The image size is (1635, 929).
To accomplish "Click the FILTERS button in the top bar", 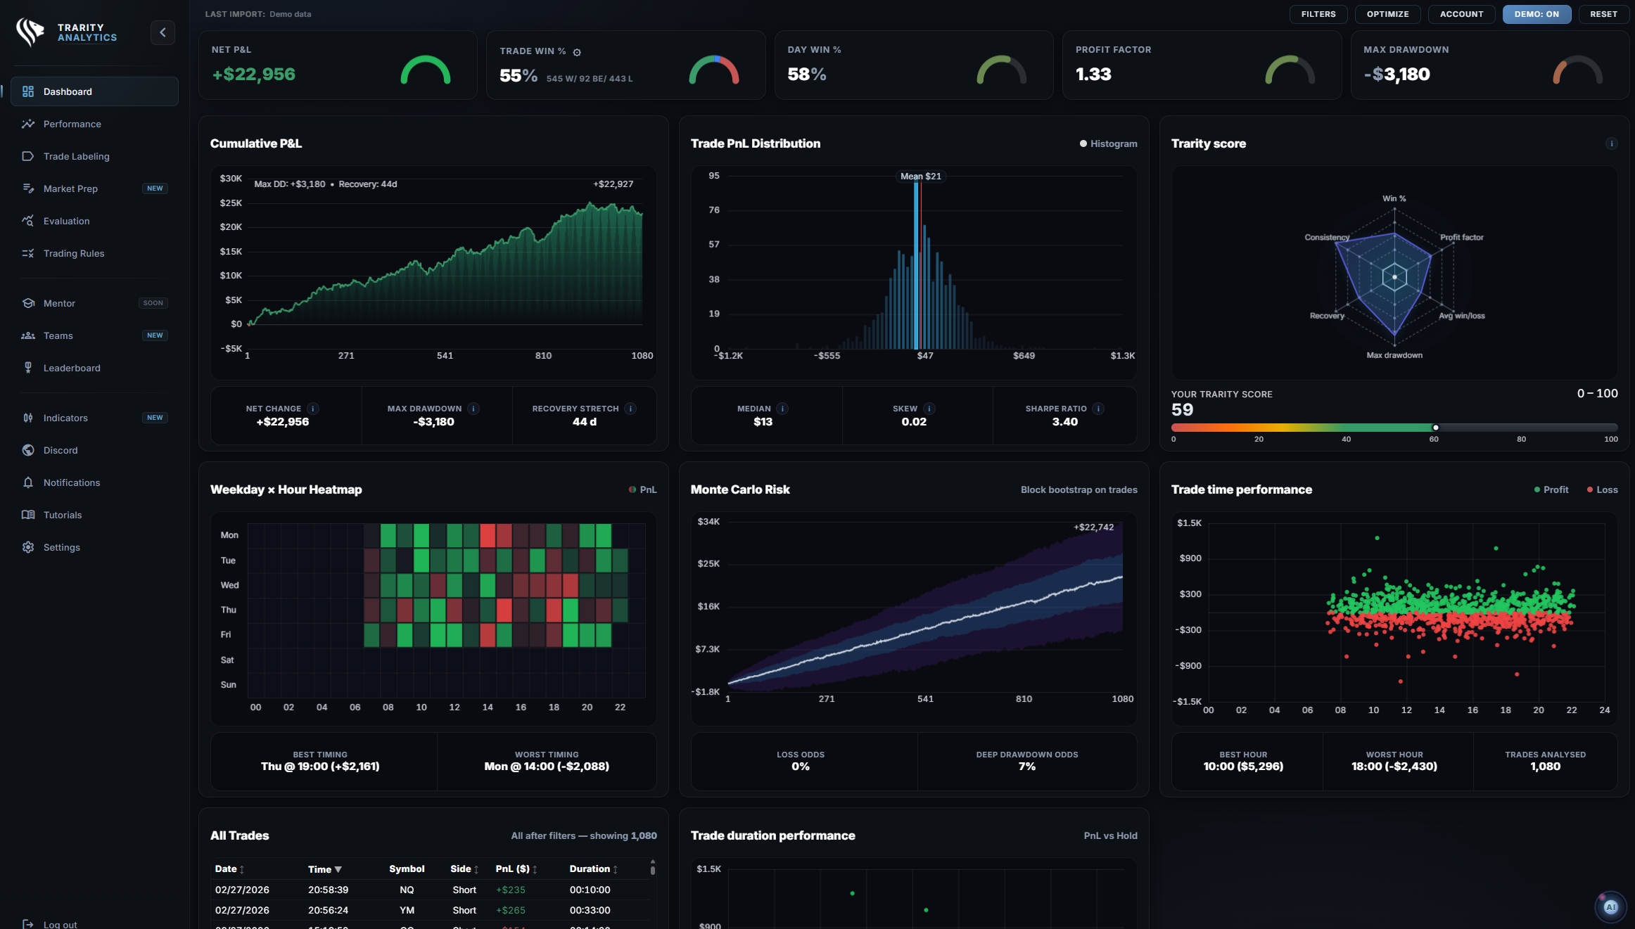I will pos(1318,14).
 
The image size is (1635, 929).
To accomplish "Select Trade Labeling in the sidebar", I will pos(76,156).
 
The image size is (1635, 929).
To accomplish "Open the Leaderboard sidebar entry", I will pos(71,368).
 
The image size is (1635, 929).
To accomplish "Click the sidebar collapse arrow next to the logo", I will pos(163,32).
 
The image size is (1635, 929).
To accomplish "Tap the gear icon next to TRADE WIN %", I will pos(577,52).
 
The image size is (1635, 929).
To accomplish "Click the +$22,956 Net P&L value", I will pos(253,75).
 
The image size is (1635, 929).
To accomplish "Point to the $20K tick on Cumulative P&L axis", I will pos(231,227).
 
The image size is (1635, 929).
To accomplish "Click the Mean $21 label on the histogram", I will pos(920,177).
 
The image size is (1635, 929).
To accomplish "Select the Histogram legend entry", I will pos(1108,143).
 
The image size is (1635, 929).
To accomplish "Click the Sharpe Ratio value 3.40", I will pos(1064,422).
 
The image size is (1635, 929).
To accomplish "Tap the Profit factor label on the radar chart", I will pos(1461,238).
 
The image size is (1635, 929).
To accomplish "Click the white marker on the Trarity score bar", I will pos(1435,428).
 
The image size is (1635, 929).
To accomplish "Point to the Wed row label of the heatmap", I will pos(229,585).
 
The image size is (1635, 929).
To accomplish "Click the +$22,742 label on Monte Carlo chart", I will pos(1093,527).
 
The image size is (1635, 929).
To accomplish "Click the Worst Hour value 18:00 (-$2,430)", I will pos(1394,767).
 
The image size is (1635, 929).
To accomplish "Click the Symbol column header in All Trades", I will pos(407,869).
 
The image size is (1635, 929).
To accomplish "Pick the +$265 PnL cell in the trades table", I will pos(510,910).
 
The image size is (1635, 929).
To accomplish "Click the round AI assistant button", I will pos(1610,907).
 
